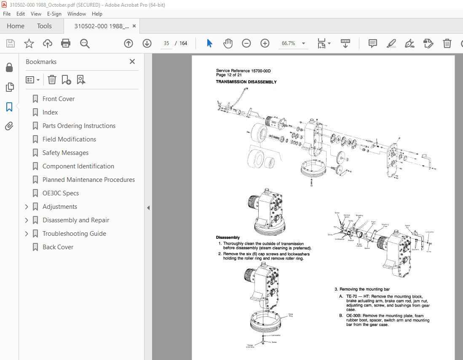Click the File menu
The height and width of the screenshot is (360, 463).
pyautogui.click(x=7, y=13)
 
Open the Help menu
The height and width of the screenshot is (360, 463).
pyautogui.click(x=97, y=13)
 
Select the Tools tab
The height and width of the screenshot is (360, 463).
pyautogui.click(x=44, y=26)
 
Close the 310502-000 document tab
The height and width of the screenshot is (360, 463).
pyautogui.click(x=134, y=26)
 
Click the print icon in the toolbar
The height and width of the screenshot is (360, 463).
pyautogui.click(x=66, y=43)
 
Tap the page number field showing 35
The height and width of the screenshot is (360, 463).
pyautogui.click(x=167, y=43)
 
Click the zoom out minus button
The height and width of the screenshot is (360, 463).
pyautogui.click(x=246, y=43)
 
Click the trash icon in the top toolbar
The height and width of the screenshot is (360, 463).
pyautogui.click(x=447, y=43)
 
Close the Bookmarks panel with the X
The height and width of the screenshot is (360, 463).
pyautogui.click(x=132, y=61)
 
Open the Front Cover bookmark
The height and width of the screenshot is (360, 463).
pyautogui.click(x=59, y=99)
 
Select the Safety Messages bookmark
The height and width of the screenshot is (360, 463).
pyautogui.click(x=65, y=153)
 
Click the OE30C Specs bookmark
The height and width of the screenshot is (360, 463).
pyautogui.click(x=61, y=193)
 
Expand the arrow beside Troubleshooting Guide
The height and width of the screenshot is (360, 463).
pyautogui.click(x=27, y=234)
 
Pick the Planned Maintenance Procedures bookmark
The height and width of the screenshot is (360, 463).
pyautogui.click(x=88, y=180)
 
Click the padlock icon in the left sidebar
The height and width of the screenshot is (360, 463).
pyautogui.click(x=9, y=68)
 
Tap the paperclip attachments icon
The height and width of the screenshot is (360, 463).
pyautogui.click(x=9, y=126)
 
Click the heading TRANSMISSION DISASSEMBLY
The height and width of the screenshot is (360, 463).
pyautogui.click(x=246, y=82)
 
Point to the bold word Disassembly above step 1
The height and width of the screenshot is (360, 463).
pyautogui.click(x=227, y=237)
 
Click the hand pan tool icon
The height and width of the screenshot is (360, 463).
pyautogui.click(x=228, y=43)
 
